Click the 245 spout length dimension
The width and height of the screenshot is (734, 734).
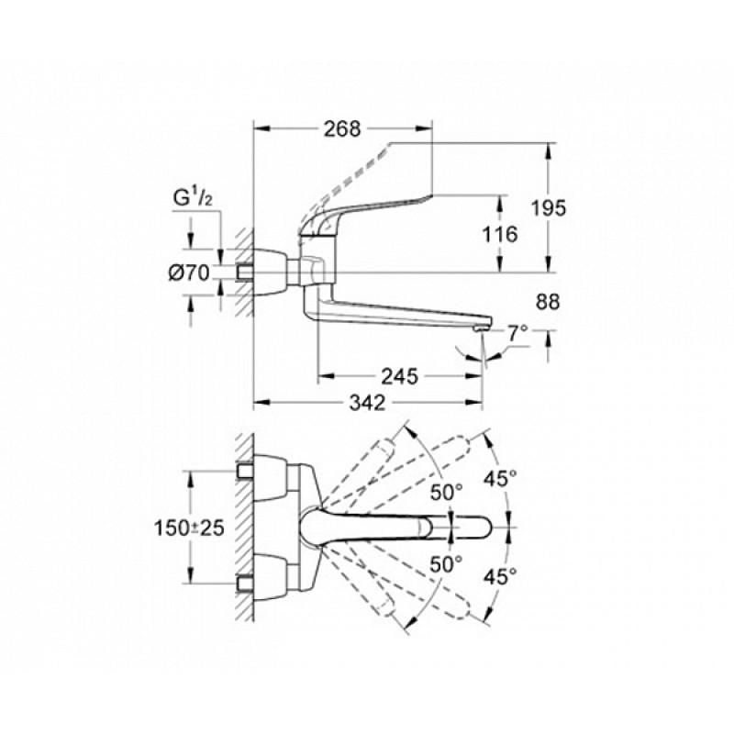[401, 376]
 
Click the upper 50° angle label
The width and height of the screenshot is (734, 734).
[448, 493]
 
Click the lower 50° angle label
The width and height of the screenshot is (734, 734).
[448, 565]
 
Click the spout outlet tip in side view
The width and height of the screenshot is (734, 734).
[481, 327]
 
